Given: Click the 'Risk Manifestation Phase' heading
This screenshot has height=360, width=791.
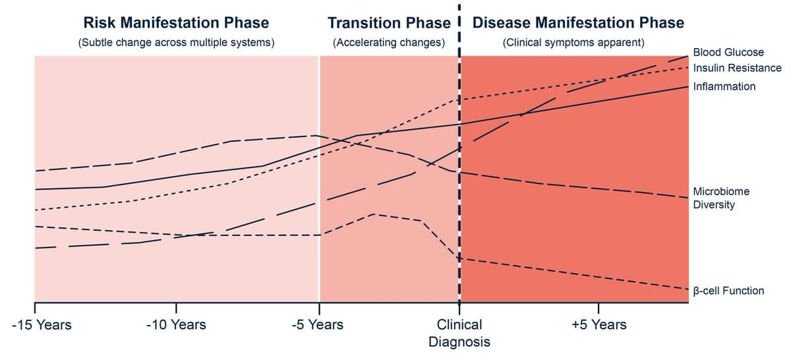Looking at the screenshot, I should coord(176,22).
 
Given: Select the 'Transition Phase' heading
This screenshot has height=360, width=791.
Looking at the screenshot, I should coord(389,22).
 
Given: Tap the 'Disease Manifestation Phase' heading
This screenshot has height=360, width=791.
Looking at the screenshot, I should coord(578,22).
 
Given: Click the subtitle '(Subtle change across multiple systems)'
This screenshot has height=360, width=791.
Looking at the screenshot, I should coord(176,43).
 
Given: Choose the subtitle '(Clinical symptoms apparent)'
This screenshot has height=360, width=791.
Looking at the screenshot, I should coord(573,43).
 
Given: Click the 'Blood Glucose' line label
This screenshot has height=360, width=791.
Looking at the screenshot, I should coord(728,52).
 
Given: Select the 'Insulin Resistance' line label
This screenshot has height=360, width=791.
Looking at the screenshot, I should coord(737,68).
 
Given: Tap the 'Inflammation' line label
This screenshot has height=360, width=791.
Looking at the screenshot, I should coord(724,86).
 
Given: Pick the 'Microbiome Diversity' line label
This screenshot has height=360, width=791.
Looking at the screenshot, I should coord(721,198).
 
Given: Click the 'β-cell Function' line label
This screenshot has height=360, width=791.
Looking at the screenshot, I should coord(728,291).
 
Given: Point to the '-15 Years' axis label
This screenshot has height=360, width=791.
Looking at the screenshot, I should coord(42,324).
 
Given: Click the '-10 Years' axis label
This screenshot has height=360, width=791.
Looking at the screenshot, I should coord(176,324).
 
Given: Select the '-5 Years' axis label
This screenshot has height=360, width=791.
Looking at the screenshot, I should coord(317,324).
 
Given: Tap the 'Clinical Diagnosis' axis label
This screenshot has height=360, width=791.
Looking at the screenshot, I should coord(459,333).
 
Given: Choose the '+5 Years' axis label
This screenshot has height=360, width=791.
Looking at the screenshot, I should coord(599,324).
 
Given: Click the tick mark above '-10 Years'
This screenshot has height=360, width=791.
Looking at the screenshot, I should coord(177,308).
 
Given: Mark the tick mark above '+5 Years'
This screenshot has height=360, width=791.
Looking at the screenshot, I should coord(598,308).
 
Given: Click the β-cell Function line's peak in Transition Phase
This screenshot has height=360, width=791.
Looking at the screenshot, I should coord(374,214).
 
